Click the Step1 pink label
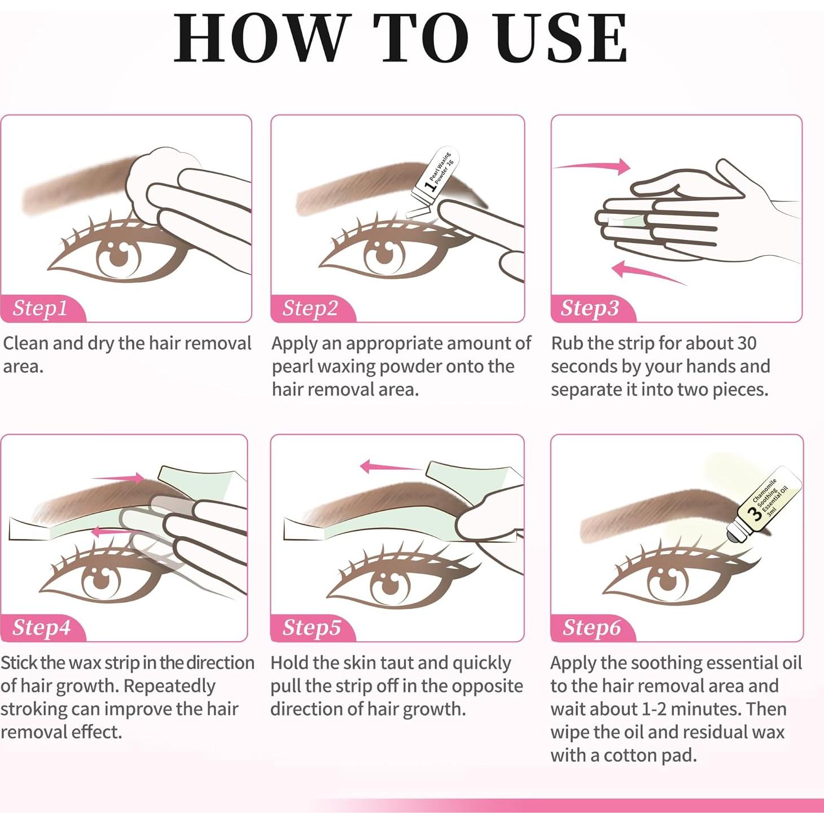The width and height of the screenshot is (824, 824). [x=41, y=308]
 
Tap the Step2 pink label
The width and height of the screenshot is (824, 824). [x=310, y=308]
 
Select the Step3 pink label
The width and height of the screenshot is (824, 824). [x=590, y=308]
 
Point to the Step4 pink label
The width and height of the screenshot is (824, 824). [x=42, y=628]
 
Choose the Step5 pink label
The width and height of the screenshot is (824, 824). [x=312, y=628]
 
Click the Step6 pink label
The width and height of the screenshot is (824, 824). [x=591, y=628]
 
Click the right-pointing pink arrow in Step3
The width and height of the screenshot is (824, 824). [x=593, y=166]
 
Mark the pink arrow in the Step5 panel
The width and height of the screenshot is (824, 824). [x=389, y=467]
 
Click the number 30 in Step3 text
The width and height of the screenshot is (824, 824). [x=746, y=343]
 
